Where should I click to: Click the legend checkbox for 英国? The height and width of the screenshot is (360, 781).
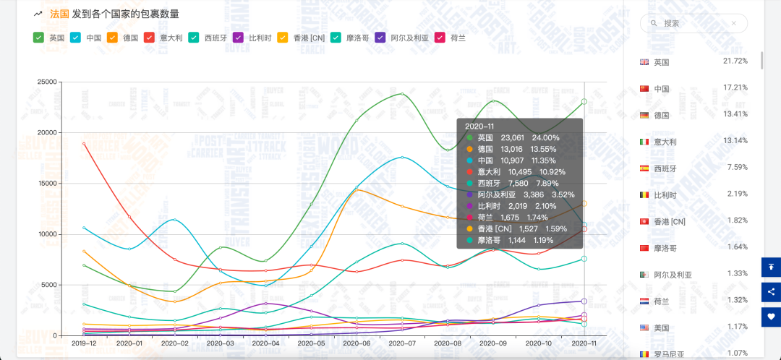coord(39,37)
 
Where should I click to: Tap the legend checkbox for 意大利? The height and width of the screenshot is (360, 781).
coord(150,37)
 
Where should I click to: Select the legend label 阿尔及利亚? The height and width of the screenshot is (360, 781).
coord(409,37)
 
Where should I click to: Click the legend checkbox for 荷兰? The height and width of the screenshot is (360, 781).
coord(440,37)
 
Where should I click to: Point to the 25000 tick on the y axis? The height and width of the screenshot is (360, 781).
coord(47,82)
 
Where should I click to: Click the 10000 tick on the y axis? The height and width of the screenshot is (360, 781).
coord(47,234)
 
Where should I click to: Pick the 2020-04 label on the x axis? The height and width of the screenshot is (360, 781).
coord(265,344)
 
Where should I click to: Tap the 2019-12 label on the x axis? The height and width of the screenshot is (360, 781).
coord(84,344)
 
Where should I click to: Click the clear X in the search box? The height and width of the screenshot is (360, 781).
coord(734,23)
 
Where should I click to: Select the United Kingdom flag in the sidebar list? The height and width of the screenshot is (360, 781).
coord(644,62)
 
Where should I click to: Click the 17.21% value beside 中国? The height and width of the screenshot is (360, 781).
coord(735,87)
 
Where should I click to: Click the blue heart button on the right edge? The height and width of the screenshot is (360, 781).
coord(771,317)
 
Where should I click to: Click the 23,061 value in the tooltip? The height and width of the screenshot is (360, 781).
coord(512,137)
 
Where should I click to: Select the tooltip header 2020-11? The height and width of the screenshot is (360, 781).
coord(481,126)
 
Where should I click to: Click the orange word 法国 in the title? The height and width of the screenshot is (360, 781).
coord(59,14)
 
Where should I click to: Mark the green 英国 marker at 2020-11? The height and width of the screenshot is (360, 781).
coord(584,101)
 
